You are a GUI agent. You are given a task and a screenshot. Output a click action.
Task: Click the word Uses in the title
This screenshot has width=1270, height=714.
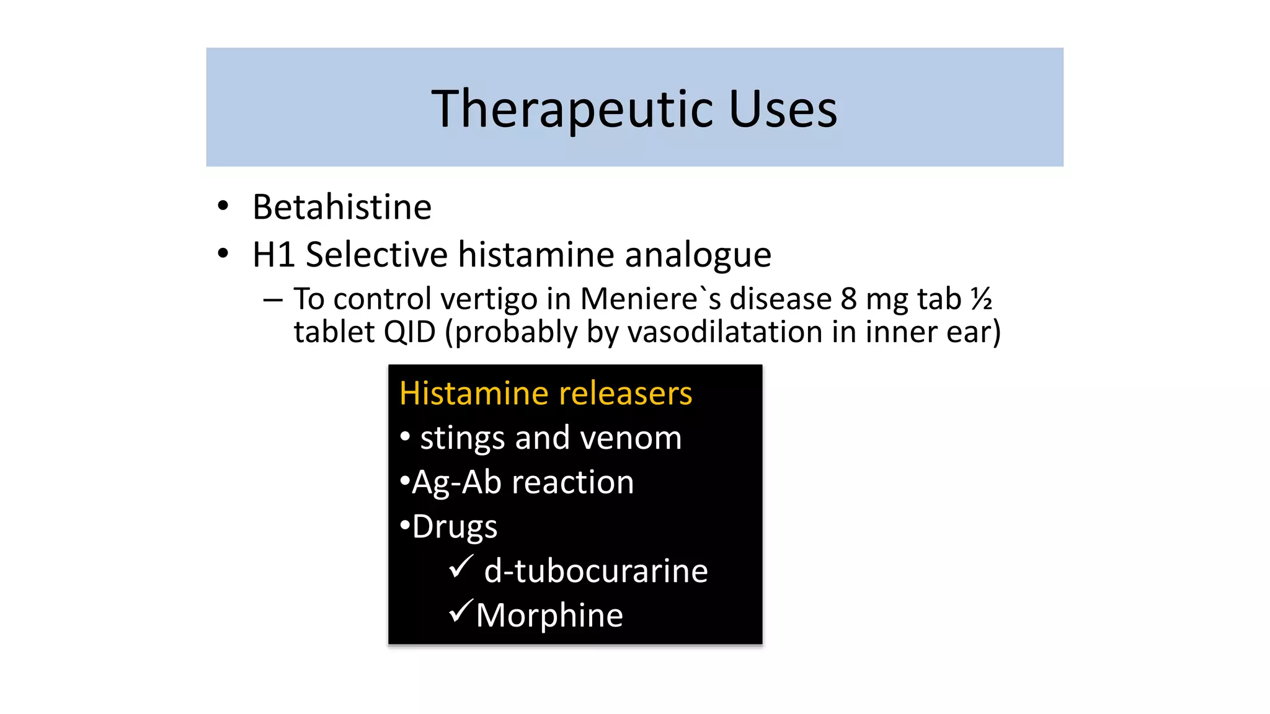783,109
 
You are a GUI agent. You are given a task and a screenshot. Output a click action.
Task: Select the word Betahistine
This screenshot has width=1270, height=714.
342,207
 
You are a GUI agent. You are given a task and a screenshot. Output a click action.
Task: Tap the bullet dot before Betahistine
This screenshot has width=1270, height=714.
223,206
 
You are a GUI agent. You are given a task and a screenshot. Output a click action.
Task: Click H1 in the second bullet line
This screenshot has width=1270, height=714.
272,255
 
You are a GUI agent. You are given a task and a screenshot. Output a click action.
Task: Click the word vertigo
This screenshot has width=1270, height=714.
489,299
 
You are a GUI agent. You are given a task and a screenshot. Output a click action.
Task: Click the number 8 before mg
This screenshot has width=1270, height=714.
849,299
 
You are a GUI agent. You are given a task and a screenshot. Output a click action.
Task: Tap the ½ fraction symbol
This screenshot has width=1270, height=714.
981,299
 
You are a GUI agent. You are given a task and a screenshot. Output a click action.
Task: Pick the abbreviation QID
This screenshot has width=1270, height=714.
409,332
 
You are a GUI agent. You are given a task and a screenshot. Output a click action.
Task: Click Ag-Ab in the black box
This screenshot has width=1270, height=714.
456,482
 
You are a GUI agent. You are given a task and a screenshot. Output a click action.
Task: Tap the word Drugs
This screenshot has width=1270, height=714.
454,527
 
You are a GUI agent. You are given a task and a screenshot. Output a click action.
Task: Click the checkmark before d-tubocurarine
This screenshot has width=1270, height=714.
461,566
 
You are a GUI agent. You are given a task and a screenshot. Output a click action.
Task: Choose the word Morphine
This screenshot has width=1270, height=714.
549,615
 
